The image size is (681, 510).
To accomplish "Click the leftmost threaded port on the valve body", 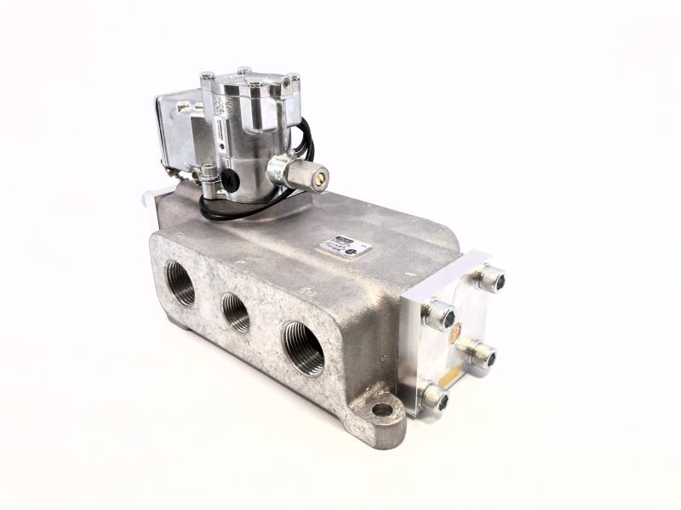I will [180, 284].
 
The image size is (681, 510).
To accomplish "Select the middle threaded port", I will [235, 312].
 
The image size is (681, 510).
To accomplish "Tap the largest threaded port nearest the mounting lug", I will [303, 347].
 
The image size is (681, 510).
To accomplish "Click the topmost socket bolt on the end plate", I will [492, 278].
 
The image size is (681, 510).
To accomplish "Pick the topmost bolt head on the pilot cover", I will [243, 71].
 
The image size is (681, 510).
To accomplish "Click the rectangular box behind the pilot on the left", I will [175, 127].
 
